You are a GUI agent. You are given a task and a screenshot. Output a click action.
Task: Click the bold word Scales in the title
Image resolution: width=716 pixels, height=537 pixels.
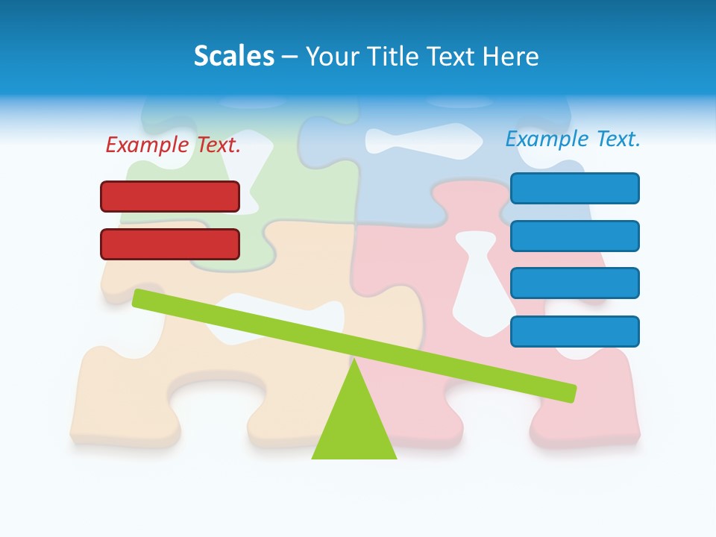[x=234, y=56]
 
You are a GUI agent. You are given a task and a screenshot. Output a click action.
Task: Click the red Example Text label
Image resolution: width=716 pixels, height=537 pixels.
[x=173, y=145]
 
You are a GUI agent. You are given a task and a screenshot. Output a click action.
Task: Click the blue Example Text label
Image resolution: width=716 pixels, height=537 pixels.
[x=573, y=139]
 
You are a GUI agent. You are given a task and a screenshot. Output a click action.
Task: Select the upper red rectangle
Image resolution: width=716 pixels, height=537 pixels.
[x=170, y=196]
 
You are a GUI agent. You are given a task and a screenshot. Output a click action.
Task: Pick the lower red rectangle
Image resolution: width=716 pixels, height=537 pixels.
[x=170, y=244]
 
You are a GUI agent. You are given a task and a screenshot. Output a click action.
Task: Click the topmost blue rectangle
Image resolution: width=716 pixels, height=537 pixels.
[x=575, y=188]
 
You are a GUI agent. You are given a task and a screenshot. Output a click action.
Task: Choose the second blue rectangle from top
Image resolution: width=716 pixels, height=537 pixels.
[x=575, y=236]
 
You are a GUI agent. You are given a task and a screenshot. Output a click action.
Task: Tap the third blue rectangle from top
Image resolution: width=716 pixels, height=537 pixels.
[x=575, y=283]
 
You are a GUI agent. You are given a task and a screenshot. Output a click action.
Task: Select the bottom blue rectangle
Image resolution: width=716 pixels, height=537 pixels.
[x=575, y=331]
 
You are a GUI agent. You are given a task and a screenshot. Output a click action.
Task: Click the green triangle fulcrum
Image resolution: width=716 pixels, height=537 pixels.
[x=354, y=425]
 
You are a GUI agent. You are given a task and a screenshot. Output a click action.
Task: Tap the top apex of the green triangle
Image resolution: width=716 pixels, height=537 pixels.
[x=355, y=362]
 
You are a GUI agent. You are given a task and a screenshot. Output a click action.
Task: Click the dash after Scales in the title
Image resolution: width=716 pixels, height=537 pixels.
[x=289, y=57]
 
